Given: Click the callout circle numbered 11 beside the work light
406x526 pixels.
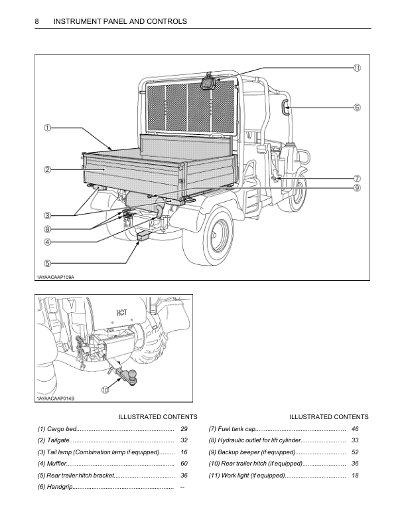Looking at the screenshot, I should tap(356, 68).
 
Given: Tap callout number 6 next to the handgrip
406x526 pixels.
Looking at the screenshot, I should tap(356, 107).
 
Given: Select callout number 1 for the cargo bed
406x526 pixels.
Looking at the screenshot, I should tap(48, 128).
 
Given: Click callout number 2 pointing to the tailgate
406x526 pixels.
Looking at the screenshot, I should tap(48, 170).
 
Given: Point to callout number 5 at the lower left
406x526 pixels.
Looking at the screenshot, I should tap(48, 263).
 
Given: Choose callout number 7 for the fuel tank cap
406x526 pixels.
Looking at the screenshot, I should tap(356, 178).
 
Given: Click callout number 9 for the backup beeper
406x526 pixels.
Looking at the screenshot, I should tap(356, 188).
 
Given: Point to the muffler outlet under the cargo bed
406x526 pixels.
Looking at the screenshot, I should tap(161, 211).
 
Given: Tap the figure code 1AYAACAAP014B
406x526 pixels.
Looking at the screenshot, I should tap(55, 398).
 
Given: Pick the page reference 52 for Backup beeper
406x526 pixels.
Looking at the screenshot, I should tap(355, 452).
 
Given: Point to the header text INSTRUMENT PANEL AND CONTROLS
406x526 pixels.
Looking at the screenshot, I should tap(120, 21).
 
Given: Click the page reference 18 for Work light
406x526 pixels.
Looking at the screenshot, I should tap(355, 476).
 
